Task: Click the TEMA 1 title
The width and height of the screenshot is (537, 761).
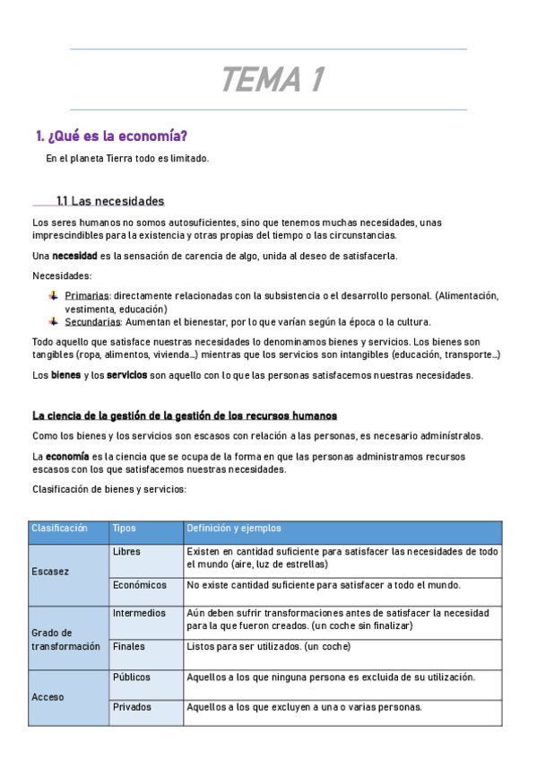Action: pyautogui.click(x=272, y=81)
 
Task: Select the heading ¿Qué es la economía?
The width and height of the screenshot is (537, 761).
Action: pyautogui.click(x=111, y=136)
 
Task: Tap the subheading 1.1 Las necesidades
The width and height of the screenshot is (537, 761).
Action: pyautogui.click(x=110, y=201)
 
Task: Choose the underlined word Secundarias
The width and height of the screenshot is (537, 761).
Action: pyautogui.click(x=92, y=321)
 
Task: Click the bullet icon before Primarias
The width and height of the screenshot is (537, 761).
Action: pyautogui.click(x=53, y=295)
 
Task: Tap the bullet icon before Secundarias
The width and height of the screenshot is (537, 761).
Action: pyautogui.click(x=53, y=321)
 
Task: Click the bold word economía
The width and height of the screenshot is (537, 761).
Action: pyautogui.click(x=67, y=456)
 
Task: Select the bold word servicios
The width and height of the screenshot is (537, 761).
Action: pyautogui.click(x=127, y=374)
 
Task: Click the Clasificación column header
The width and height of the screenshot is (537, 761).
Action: pyautogui.click(x=59, y=529)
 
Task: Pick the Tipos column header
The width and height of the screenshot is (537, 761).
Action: pyautogui.click(x=125, y=529)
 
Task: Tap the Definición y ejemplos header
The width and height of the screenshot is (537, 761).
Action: pyautogui.click(x=233, y=529)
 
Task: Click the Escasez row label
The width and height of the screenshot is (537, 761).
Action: pyautogui.click(x=49, y=572)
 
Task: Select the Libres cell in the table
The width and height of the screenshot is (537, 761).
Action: pyautogui.click(x=126, y=551)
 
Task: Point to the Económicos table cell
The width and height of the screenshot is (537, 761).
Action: pyautogui.click(x=140, y=585)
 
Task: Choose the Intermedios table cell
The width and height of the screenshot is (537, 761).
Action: pyautogui.click(x=139, y=614)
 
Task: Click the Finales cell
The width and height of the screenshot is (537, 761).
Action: pyautogui.click(x=129, y=646)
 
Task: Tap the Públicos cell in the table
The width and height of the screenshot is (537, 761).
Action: pyautogui.click(x=132, y=678)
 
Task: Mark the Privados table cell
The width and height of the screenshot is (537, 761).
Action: pyautogui.click(x=132, y=707)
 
